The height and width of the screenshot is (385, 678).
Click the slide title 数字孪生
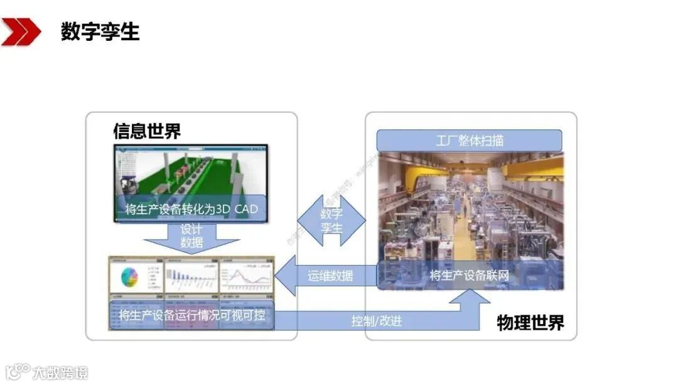click(100, 31)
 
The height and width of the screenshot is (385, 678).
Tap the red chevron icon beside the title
click(20, 31)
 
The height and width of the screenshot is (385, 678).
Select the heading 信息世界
click(147, 131)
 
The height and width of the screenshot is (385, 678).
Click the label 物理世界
click(530, 323)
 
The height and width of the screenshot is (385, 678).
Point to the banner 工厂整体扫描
click(469, 140)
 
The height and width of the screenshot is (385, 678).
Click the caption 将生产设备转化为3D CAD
click(191, 209)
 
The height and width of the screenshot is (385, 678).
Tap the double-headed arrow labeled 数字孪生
click(331, 220)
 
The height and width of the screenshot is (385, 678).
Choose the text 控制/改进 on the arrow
click(377, 321)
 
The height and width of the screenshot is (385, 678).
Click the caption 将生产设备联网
click(470, 275)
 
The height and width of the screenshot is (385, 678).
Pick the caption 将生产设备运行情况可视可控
click(191, 315)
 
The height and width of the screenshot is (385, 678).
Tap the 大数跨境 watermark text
click(60, 372)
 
